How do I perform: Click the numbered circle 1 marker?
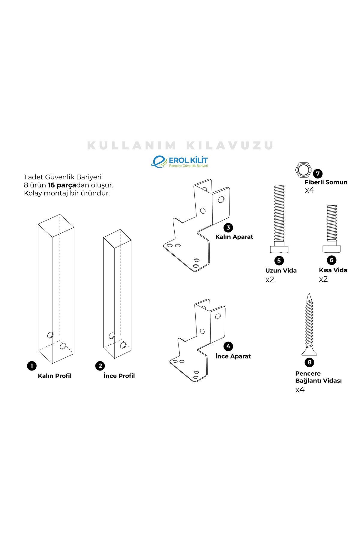31,366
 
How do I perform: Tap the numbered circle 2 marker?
100,366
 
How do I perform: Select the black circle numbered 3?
228,227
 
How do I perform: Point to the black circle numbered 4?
228,346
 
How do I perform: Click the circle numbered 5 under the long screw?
279,260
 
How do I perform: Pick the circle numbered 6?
331,260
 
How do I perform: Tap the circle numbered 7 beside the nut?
317,174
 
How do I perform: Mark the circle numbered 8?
309,362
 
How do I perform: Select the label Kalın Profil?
55,376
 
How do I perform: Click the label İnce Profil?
119,376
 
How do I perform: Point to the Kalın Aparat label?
234,237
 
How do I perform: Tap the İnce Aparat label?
233,356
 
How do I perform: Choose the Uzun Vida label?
281,271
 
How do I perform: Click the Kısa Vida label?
333,270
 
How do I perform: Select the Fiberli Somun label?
326,182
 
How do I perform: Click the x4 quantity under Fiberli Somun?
310,190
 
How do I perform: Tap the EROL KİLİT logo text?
188,160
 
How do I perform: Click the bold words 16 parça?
62,185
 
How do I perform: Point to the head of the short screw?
332,249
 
